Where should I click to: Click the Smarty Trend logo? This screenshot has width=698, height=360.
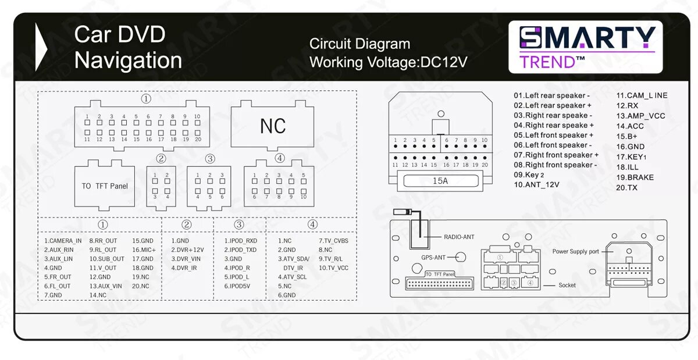(x=586, y=47)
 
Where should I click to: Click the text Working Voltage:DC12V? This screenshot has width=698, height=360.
(x=388, y=62)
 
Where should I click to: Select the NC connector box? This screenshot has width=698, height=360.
(x=273, y=126)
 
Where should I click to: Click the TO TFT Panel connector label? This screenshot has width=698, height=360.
(x=105, y=186)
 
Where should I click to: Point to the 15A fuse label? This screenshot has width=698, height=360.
(x=440, y=181)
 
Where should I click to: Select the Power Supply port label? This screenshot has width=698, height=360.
(x=575, y=252)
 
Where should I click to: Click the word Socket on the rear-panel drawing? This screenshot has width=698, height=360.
(x=567, y=285)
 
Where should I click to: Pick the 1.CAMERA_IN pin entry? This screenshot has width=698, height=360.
(x=63, y=241)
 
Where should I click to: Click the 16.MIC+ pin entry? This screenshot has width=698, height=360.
(x=144, y=249)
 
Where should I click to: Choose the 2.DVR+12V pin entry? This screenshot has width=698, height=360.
(x=187, y=249)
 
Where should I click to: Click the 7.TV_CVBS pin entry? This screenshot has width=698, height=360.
(x=333, y=241)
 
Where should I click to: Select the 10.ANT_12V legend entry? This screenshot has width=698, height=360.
(x=536, y=185)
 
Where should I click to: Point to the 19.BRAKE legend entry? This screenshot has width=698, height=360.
(x=635, y=177)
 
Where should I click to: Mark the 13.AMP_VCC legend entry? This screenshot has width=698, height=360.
(x=640, y=116)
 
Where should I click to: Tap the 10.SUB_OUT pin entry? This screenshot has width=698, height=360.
(x=106, y=259)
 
